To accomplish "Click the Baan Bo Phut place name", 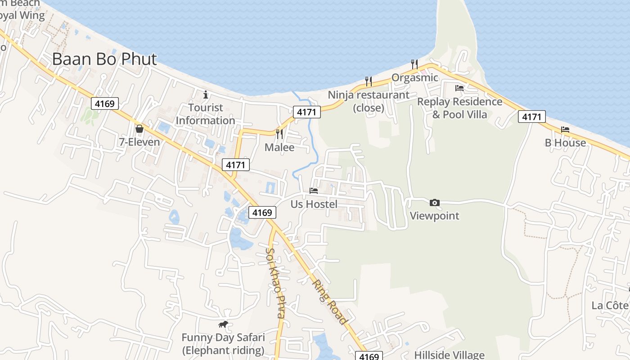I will coord(104,59).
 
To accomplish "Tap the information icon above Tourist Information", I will coord(206,94).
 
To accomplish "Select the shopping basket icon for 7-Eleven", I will coord(139,129).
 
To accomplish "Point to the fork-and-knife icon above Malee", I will coord(279,134).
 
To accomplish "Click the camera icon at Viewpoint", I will coord(434,202).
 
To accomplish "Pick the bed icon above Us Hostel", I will coord(314,191).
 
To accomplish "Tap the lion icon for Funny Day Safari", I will coord(223,324).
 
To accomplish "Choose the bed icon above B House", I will coord(565,130).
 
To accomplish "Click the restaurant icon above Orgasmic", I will coord(414,64).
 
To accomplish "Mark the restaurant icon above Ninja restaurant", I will coord(369,81).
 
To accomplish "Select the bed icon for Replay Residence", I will coord(459,88).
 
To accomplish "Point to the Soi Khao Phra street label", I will coord(275,283).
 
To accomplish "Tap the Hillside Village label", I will coord(449,355).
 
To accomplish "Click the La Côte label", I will coord(610,306).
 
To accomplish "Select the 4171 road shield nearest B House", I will coord(531,117).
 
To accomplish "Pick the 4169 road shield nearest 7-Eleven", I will coord(104,104).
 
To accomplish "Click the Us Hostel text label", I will coord(314,204).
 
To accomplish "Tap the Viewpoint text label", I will coord(434,216).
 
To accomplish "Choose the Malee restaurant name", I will coord(279,148).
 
